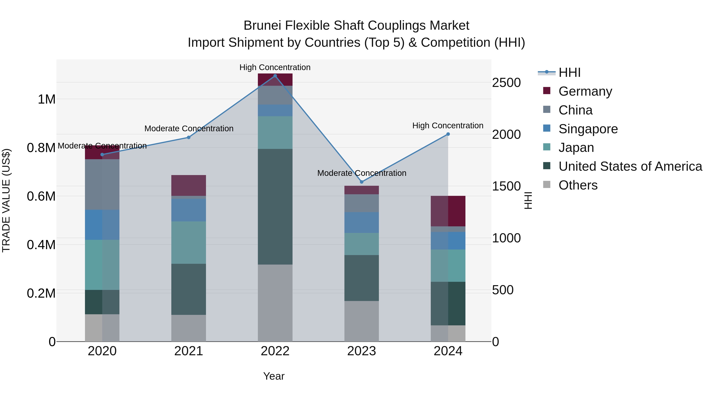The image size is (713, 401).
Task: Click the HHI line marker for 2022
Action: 275,76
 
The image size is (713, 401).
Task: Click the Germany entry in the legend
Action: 585,91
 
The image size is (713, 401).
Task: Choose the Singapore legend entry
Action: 588,129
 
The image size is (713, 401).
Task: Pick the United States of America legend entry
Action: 630,166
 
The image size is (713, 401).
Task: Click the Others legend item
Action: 578,185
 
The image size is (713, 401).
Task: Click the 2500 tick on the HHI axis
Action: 506,83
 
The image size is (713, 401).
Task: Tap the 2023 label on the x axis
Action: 361,351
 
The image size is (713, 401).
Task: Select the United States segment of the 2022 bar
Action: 275,207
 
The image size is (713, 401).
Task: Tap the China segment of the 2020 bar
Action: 102,184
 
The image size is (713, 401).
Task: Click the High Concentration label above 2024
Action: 448,126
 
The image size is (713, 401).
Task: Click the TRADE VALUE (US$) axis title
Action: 6,200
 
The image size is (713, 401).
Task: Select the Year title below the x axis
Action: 274,376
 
